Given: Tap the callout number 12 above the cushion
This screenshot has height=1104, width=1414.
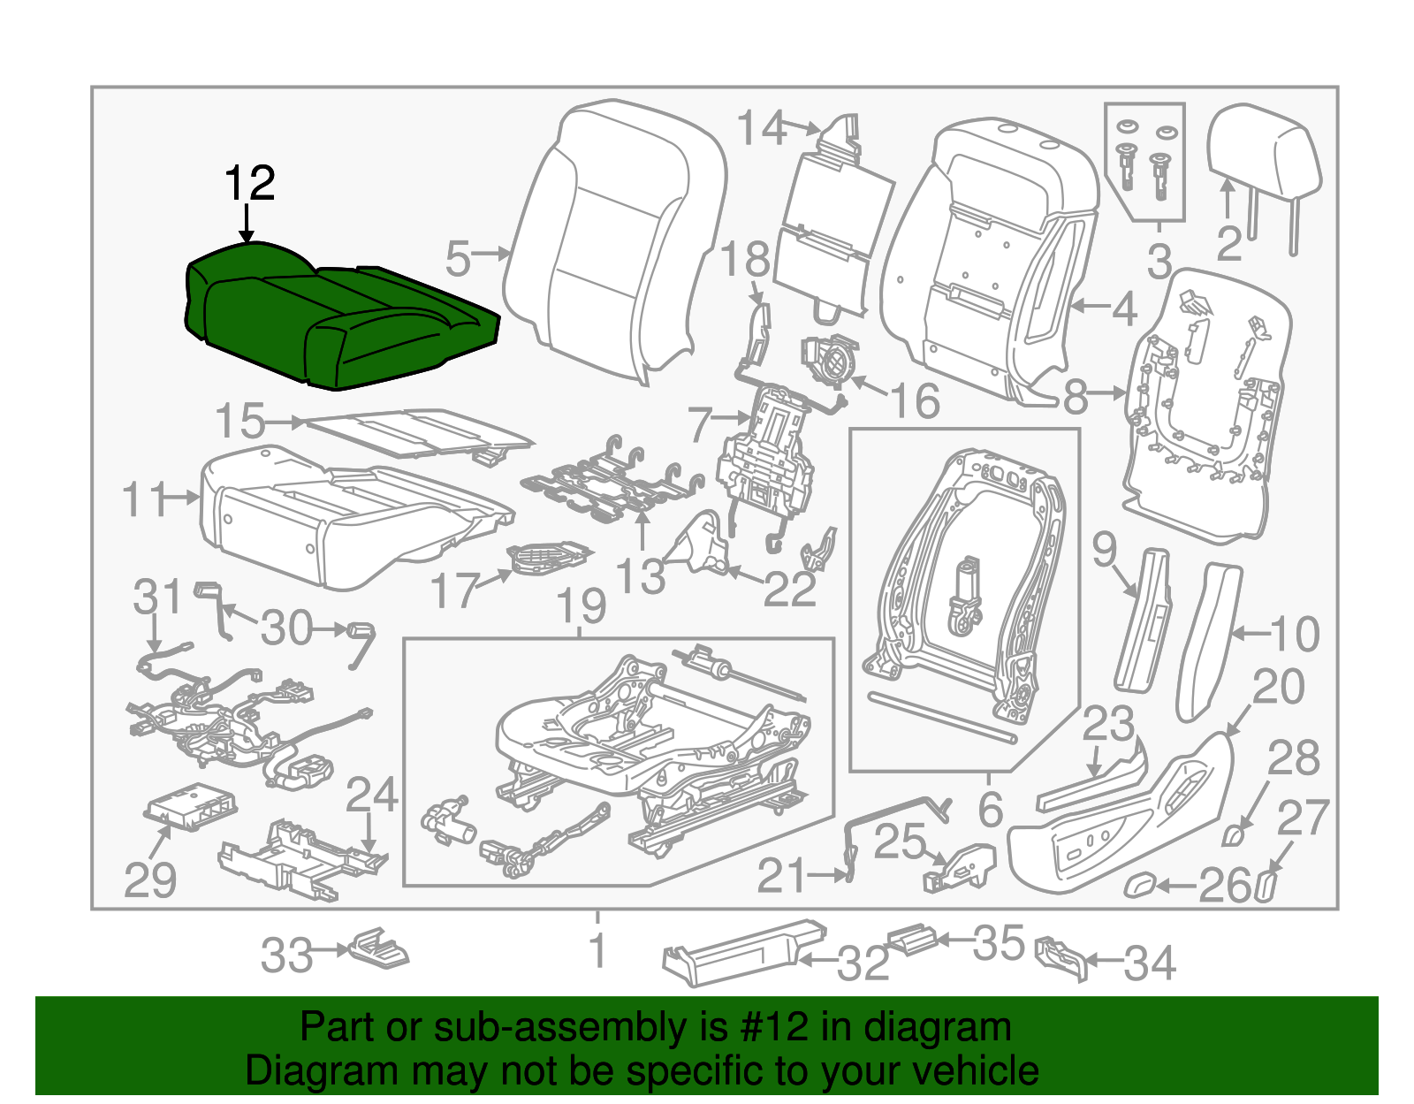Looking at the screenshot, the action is click(x=250, y=183).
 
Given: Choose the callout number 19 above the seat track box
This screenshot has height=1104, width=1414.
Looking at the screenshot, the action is click(x=582, y=606).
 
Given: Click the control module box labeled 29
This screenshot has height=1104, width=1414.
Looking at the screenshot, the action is click(x=189, y=807).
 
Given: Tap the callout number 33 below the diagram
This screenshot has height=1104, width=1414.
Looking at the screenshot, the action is click(x=286, y=955).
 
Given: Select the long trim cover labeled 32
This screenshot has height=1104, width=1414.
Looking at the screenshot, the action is click(x=744, y=952).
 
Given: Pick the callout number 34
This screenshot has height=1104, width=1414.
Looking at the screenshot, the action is click(x=1150, y=963).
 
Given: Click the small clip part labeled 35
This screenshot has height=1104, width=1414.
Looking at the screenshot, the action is click(x=912, y=940).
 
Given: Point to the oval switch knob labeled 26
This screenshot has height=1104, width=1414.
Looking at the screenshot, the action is click(x=1141, y=885).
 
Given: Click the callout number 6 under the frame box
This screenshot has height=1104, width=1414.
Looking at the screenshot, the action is click(x=991, y=810).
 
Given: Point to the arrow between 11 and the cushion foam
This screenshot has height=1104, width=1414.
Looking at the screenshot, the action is click(x=179, y=499).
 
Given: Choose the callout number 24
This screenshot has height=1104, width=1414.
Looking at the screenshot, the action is click(x=371, y=795).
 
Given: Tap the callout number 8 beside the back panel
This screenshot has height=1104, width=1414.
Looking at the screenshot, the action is click(x=1076, y=396).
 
